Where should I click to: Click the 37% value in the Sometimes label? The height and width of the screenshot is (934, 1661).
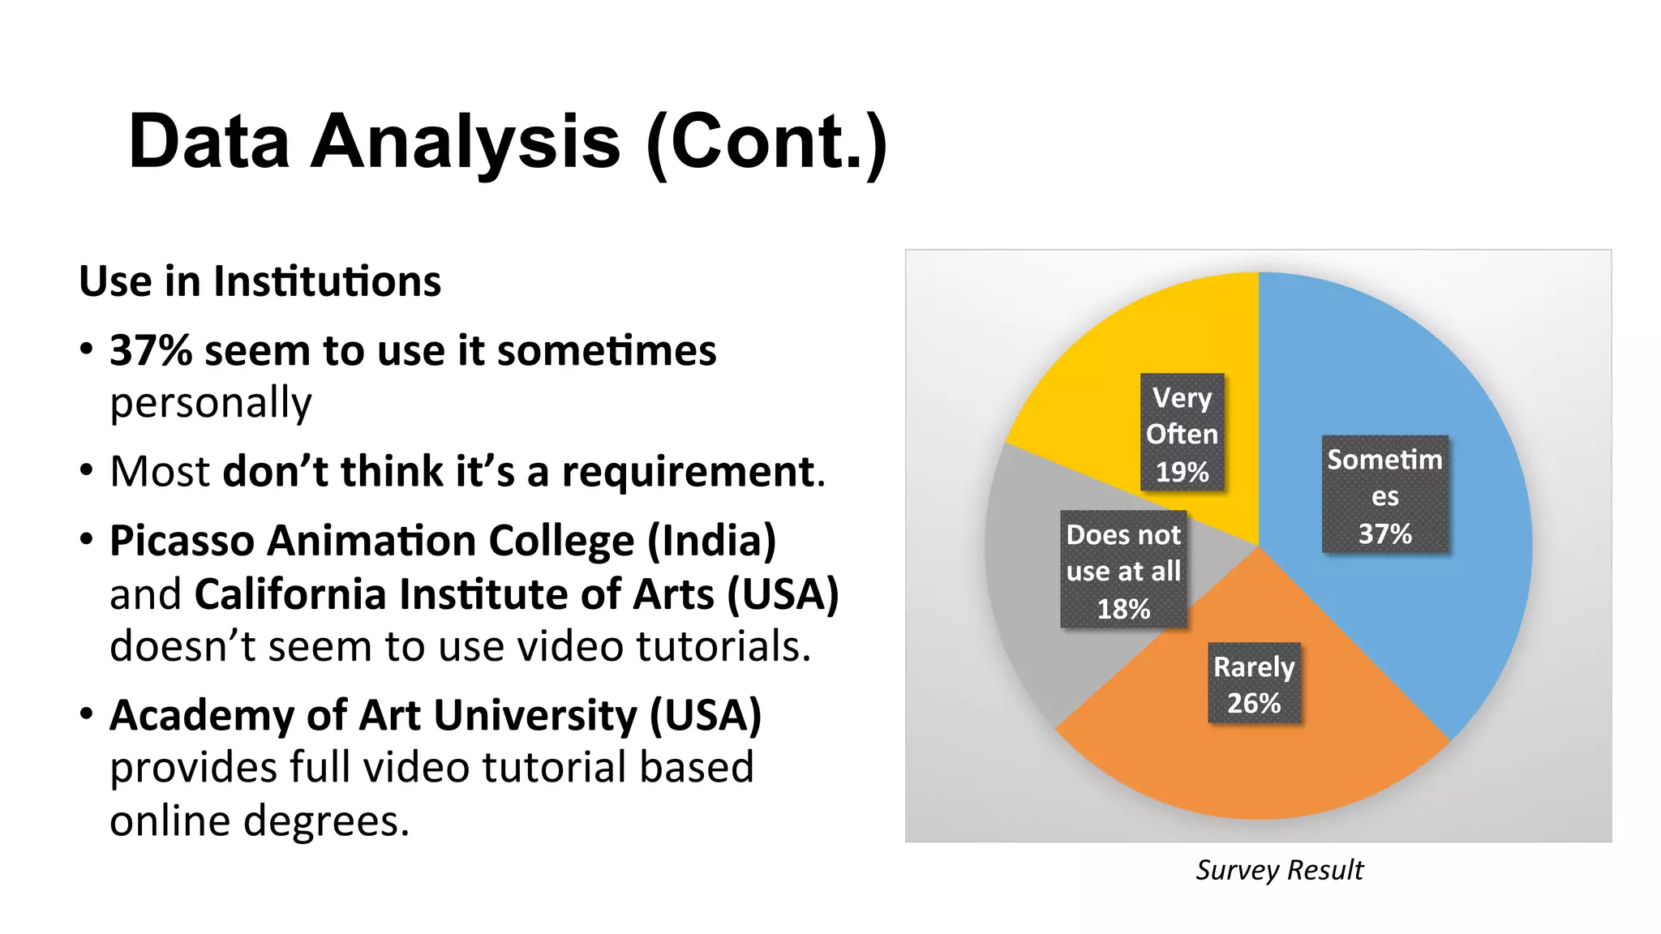coord(1384,534)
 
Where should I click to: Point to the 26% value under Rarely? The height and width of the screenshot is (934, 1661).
coord(1254,703)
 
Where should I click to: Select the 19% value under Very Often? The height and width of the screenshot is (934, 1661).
coord(1182,472)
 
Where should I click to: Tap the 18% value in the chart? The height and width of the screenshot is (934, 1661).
coord(1123,609)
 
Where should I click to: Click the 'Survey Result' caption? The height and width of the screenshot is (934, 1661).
coord(1279,870)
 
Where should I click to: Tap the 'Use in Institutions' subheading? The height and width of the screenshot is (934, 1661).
coord(260,281)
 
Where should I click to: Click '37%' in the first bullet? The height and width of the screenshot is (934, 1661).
coord(151,351)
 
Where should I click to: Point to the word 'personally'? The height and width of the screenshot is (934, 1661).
coord(211,403)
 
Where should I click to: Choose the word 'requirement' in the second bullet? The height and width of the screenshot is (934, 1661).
coord(689,472)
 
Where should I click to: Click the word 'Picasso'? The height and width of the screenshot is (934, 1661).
coord(182,541)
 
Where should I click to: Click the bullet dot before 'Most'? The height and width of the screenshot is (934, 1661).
coord(87,471)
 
